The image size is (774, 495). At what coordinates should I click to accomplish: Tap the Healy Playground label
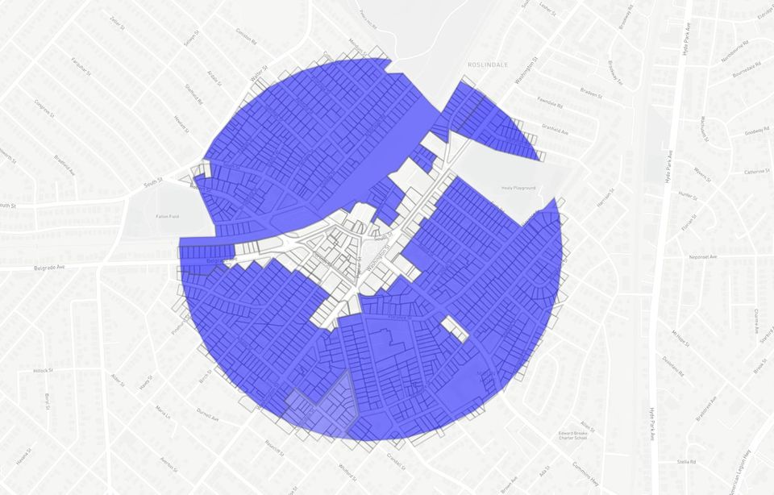point(518,187)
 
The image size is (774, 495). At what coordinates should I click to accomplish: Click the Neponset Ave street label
point(704,256)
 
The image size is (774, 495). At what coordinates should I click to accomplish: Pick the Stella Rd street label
point(686,462)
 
